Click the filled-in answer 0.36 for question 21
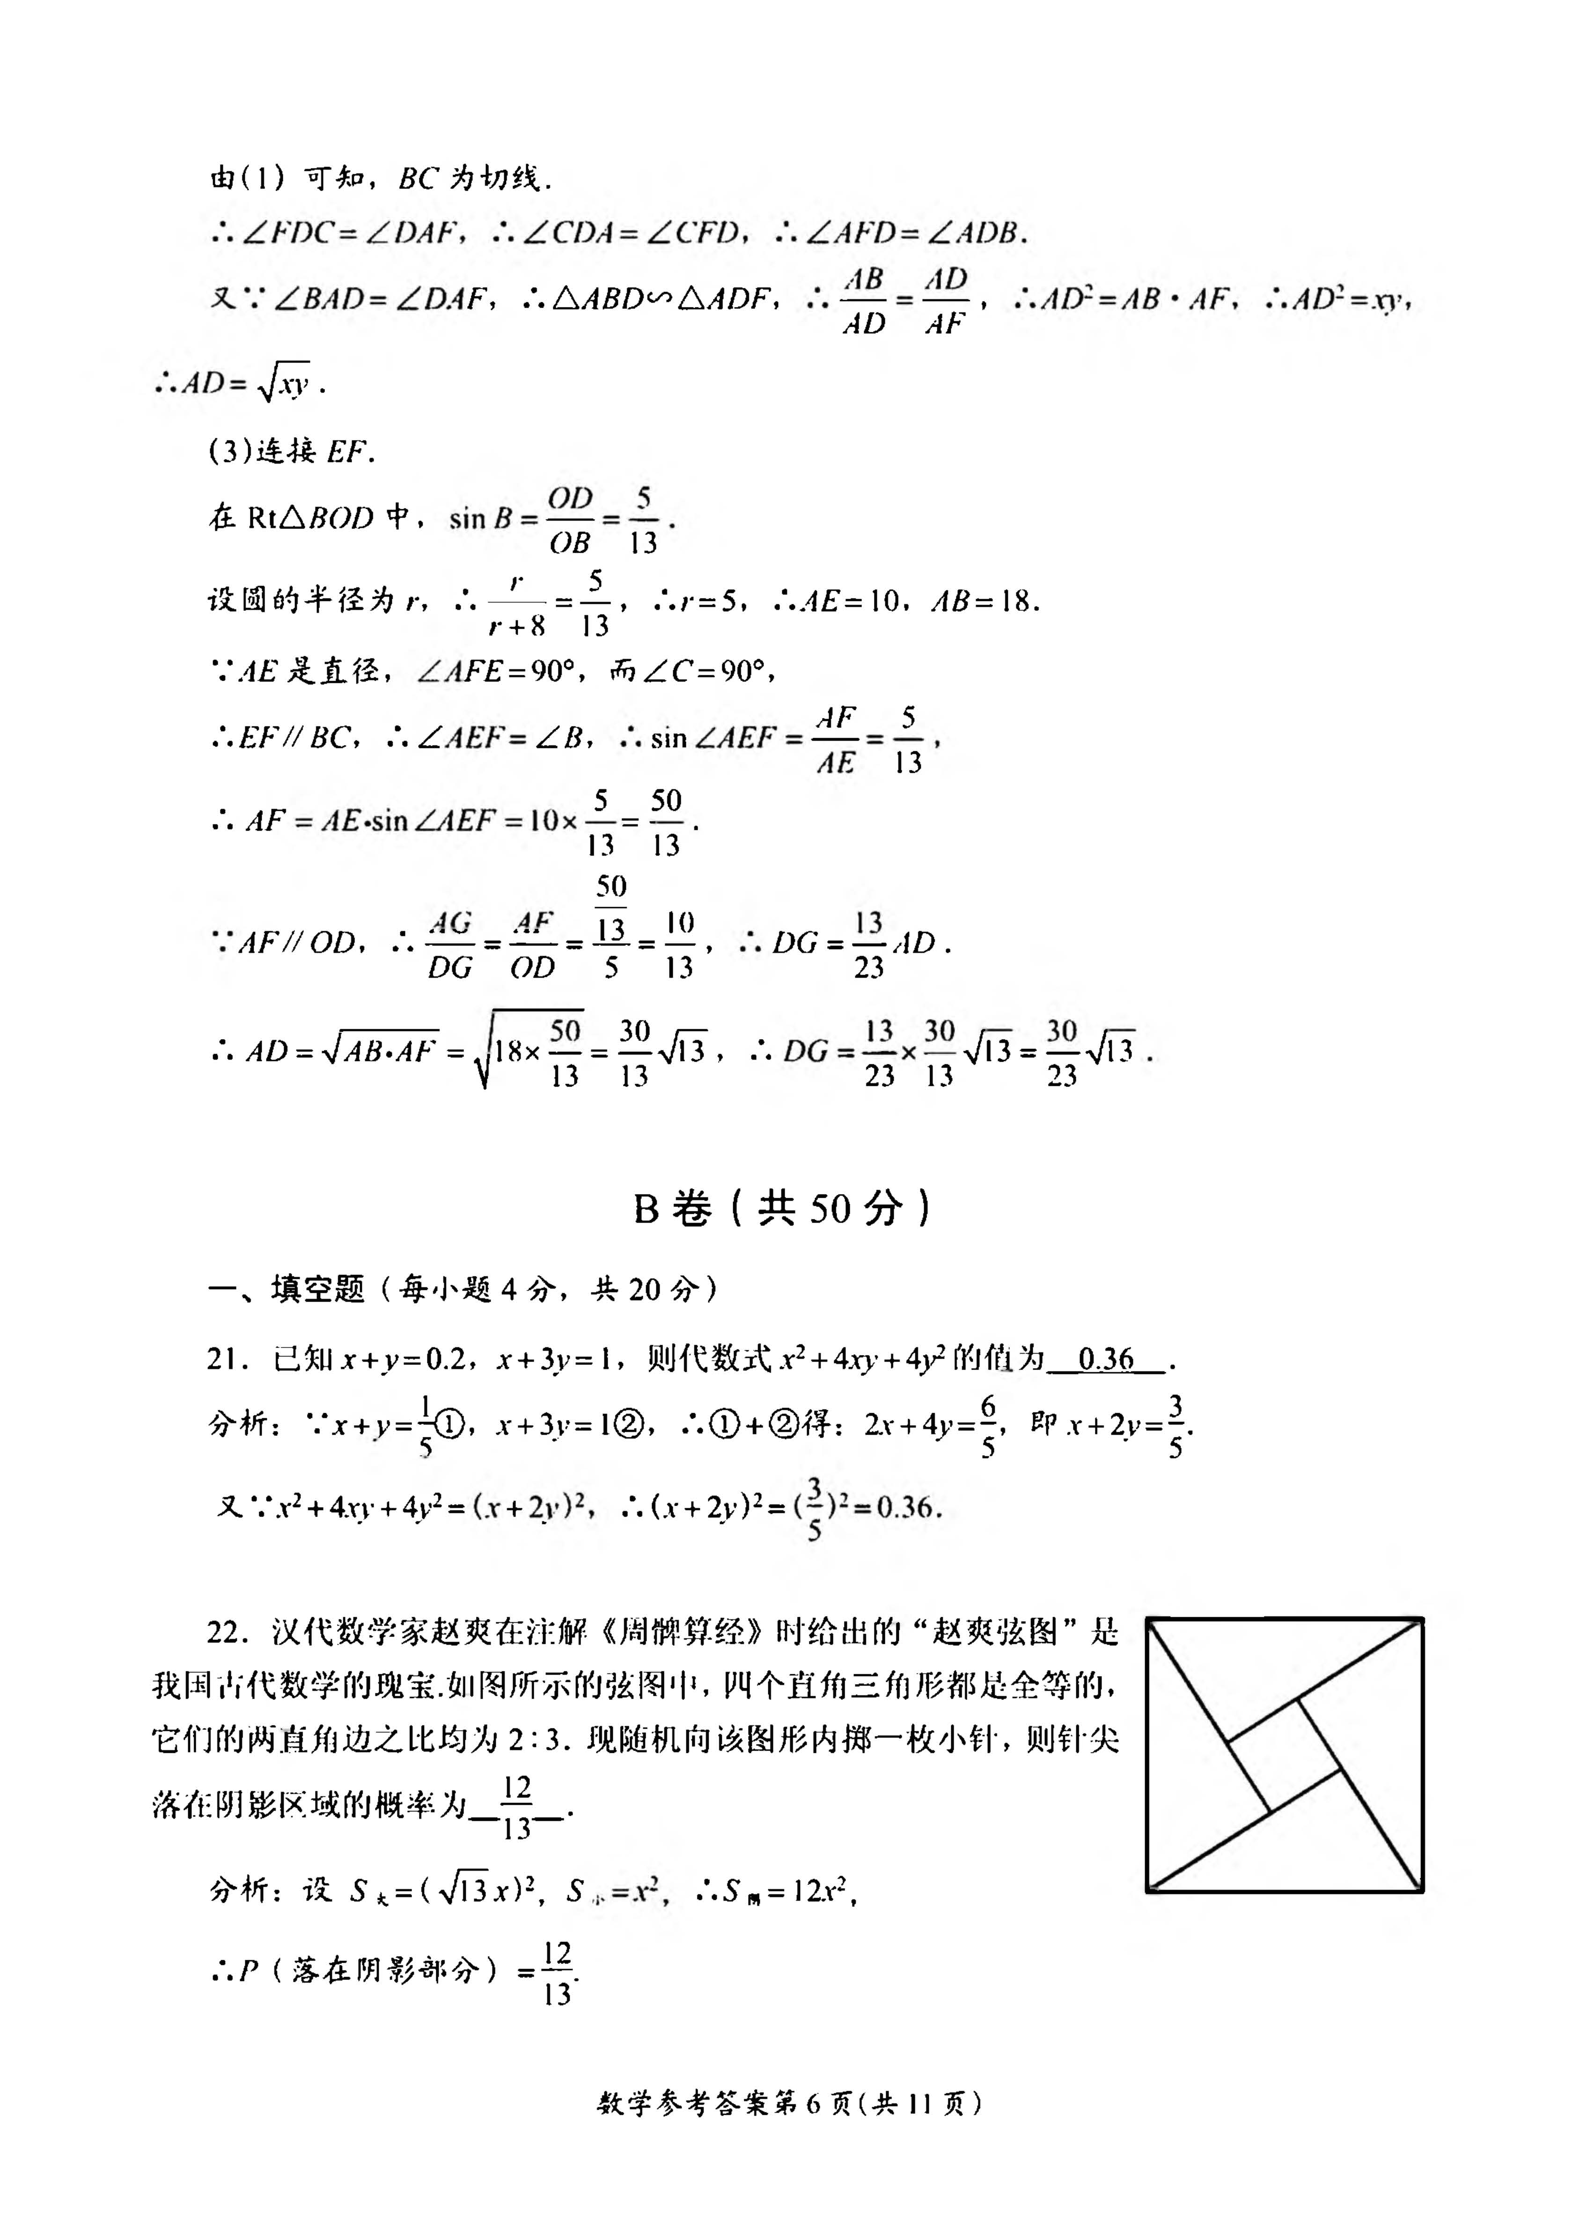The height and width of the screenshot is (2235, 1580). [1106, 1359]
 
